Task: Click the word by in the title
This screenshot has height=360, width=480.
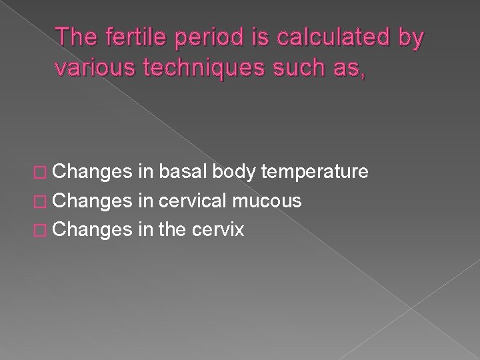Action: coord(408,39)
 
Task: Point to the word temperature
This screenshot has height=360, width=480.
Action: coord(315,173)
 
